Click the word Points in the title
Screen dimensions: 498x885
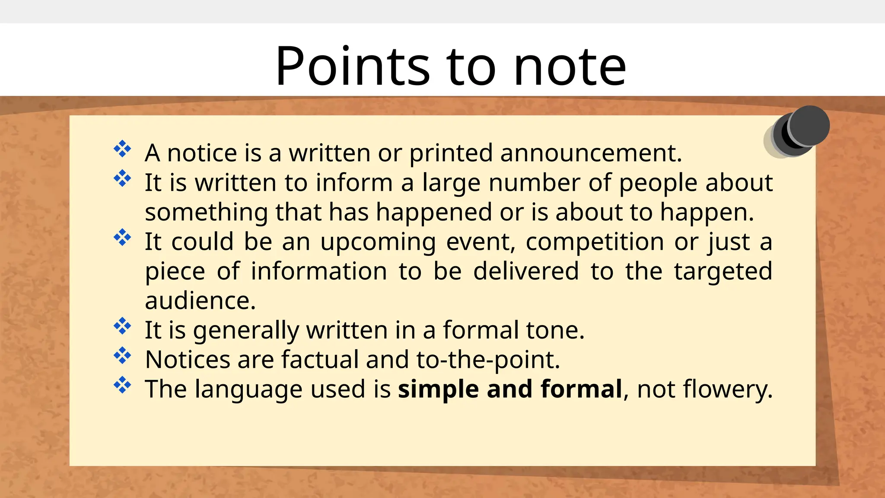353,66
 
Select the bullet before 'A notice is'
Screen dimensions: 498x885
122,149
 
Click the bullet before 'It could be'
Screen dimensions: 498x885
122,237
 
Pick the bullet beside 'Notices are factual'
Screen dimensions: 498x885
122,355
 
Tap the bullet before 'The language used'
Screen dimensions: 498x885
122,385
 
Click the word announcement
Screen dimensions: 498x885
591,153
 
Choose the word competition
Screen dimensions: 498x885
595,242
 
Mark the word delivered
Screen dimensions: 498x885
526,271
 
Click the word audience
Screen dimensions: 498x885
200,301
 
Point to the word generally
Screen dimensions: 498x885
246,331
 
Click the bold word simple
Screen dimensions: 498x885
438,389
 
